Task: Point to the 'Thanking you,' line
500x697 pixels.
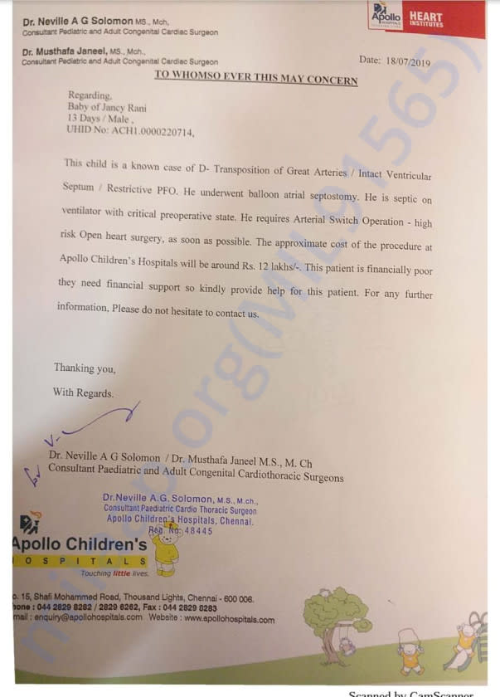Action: tap(85, 368)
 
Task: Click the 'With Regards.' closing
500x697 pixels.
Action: tap(83, 392)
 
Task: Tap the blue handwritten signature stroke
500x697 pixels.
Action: tap(100, 424)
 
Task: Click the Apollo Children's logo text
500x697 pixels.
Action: tap(80, 545)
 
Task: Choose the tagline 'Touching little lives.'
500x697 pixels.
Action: tap(114, 573)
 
